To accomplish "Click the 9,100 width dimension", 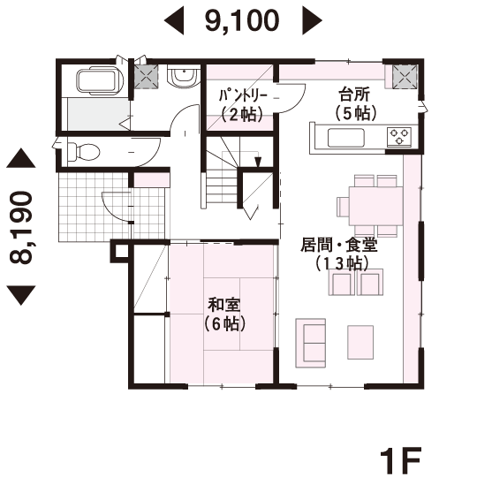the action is [242, 20].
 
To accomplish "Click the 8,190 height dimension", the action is [20, 227].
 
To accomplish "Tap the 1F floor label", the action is [401, 459].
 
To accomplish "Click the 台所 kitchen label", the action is [355, 95].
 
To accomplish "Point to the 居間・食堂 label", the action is [339, 246].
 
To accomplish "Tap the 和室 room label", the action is [223, 305].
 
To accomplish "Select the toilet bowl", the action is [83, 151].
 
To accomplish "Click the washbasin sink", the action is [184, 77].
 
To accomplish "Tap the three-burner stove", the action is [399, 136].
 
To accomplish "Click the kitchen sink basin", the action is [346, 138].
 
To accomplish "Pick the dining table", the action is [376, 206].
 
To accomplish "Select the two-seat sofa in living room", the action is [311, 343].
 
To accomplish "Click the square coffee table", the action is [360, 342].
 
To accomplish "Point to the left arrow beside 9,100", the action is [174, 21].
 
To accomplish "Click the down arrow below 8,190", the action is [21, 295].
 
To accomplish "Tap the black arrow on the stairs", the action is [258, 162].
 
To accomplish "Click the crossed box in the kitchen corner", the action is [405, 77].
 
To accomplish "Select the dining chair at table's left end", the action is [343, 207].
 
